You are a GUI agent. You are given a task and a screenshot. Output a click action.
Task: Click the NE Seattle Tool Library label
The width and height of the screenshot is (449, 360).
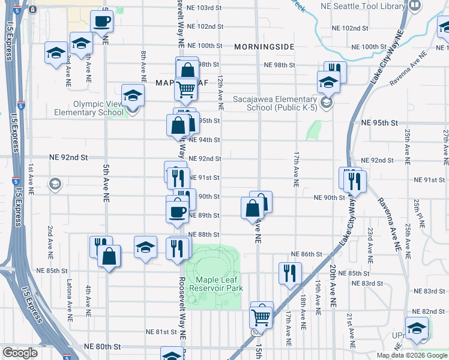(x=372, y=7)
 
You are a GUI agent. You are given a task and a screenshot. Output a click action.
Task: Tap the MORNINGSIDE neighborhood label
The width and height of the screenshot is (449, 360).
(x=264, y=46)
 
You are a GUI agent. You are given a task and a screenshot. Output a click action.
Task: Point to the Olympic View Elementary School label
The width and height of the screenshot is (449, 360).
(x=89, y=108)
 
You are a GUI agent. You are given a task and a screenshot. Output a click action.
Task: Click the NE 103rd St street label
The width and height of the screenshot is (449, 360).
(x=205, y=8)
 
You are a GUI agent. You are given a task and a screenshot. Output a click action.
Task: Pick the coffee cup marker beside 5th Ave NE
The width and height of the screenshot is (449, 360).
(x=102, y=22)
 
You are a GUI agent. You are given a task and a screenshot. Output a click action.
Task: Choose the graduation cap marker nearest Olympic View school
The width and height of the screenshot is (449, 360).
(x=133, y=95)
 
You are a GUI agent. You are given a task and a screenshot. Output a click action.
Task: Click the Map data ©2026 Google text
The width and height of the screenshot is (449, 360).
(x=412, y=355)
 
